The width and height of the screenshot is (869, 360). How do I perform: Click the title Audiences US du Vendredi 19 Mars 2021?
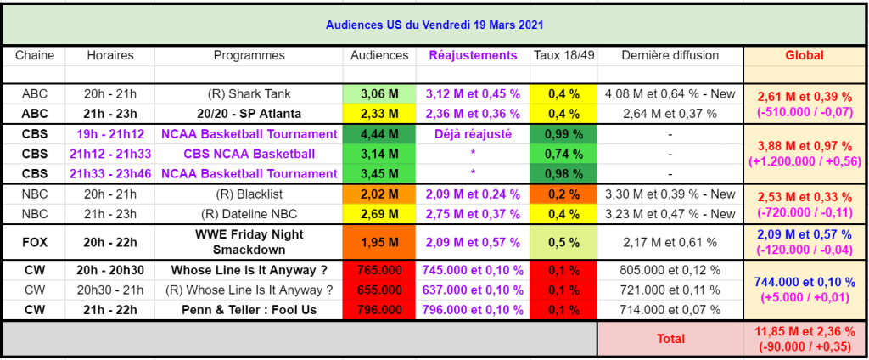434,25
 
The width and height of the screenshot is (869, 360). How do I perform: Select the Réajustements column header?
473,55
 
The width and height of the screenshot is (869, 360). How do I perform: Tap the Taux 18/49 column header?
563,55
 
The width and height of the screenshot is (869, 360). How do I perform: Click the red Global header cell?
804,55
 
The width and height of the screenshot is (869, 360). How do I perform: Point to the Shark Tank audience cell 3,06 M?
378,94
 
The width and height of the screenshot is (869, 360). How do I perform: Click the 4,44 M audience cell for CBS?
378,134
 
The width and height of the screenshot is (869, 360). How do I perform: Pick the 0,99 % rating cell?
563,134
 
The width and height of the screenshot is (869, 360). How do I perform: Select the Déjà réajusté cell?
473,134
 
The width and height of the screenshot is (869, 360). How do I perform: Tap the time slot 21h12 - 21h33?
111,154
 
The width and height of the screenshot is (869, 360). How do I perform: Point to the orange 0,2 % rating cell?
563,194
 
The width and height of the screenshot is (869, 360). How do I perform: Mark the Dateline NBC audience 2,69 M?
378,214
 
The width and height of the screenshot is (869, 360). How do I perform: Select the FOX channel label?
35,242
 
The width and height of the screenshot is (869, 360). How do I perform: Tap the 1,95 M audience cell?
378,242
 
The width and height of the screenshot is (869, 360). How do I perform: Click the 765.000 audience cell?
378,270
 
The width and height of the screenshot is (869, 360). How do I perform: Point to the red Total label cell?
670,339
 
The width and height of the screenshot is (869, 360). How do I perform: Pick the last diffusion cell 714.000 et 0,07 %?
670,310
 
